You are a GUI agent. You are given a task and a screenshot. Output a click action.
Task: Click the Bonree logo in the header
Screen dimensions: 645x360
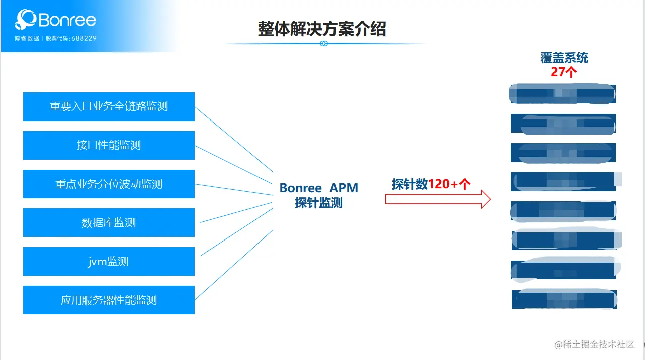[55, 20]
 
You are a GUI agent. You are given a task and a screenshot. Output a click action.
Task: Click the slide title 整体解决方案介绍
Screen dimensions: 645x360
[322, 29]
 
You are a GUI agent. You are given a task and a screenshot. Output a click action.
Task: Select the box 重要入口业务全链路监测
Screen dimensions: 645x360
[108, 106]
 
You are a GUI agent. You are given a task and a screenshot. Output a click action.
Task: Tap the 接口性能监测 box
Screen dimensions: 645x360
[108, 145]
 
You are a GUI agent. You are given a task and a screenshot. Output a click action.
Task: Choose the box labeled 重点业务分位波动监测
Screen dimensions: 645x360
[108, 184]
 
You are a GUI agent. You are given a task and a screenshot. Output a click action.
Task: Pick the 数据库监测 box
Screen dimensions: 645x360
[108, 222]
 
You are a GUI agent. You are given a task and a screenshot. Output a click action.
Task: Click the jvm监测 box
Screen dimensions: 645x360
[108, 261]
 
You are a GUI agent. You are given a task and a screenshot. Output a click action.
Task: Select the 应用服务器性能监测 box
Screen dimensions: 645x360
[108, 300]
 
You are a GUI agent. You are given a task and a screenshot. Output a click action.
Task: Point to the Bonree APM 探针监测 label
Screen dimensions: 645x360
[319, 195]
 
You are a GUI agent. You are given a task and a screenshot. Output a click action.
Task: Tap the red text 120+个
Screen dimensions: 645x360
[449, 184]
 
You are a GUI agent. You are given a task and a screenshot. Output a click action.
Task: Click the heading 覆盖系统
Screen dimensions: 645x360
[564, 58]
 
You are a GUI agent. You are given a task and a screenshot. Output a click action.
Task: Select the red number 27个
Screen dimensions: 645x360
[564, 72]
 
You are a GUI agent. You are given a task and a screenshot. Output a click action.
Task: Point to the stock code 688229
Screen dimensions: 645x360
[84, 38]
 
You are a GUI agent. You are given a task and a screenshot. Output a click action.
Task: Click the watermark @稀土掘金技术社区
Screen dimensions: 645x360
[594, 344]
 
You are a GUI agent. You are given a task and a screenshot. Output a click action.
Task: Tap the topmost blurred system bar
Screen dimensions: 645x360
[563, 94]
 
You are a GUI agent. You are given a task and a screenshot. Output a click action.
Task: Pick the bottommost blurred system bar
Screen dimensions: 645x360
[564, 299]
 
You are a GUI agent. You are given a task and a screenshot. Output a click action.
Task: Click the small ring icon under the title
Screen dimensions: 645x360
[324, 44]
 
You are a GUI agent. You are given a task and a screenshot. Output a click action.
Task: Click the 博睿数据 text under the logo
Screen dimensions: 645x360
[27, 38]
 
